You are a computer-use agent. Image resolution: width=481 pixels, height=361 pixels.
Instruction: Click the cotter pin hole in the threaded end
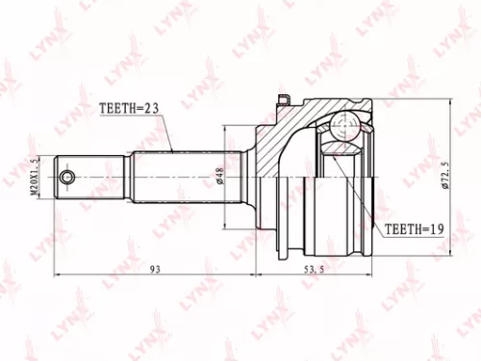[x=66, y=177]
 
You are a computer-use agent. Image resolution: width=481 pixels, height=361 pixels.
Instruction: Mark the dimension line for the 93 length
[x=115, y=276]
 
